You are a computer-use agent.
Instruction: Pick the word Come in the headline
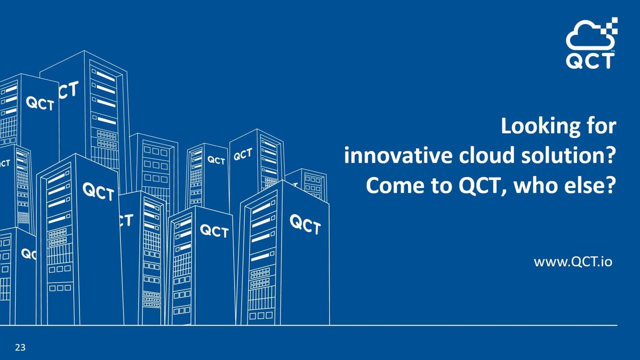[x=390, y=186]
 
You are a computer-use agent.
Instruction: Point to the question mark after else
[x=611, y=186]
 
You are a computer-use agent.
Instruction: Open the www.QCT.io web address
[x=573, y=262]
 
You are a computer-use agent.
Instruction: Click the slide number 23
[x=20, y=348]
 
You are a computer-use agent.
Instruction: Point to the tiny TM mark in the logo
[x=613, y=52]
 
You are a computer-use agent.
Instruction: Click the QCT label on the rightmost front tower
[x=305, y=225]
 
